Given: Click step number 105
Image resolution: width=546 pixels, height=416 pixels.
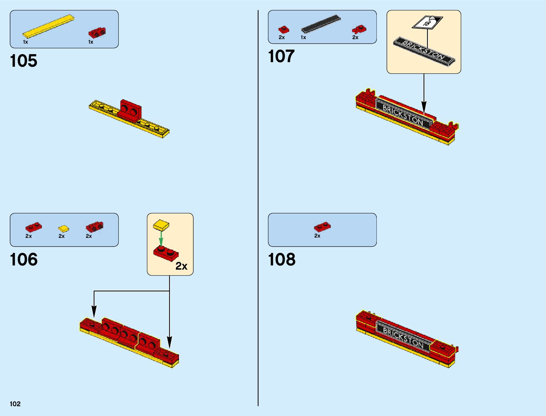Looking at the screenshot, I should click(x=24, y=61).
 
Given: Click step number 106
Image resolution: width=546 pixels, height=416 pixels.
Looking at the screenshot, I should click(x=24, y=260).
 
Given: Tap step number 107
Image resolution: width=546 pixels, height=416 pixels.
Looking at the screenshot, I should click(x=281, y=56).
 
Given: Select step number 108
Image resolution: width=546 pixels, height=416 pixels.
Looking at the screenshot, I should click(x=282, y=260).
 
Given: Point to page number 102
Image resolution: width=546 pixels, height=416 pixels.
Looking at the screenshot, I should click(x=15, y=404).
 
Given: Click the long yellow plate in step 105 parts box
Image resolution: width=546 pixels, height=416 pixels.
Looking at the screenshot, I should click(x=48, y=26).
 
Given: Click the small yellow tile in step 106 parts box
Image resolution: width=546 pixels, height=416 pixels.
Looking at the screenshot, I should click(x=63, y=229).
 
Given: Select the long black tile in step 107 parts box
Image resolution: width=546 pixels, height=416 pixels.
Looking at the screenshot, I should click(x=321, y=24).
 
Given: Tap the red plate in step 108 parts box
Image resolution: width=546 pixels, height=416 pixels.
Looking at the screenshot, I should click(x=322, y=227).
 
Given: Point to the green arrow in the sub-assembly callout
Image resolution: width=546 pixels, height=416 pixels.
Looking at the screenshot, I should click(x=161, y=238).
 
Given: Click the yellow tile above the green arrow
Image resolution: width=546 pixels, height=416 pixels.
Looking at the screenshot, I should click(x=161, y=225).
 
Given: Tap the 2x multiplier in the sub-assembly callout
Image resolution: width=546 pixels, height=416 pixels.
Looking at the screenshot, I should click(x=181, y=266).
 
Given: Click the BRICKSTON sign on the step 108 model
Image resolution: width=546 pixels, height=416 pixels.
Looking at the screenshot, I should click(x=403, y=337).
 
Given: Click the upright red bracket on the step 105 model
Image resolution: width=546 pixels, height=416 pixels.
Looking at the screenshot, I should click(x=130, y=109).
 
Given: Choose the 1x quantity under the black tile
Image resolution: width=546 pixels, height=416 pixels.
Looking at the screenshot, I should click(x=304, y=37).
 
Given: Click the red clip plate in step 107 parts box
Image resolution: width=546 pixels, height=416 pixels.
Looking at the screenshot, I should click(x=359, y=29).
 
